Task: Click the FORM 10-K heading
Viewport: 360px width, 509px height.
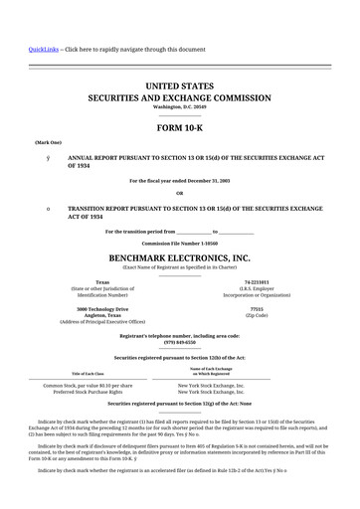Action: (x=179, y=128)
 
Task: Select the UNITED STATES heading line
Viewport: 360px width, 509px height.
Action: (x=179, y=87)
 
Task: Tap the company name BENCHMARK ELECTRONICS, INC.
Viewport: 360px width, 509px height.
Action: (x=179, y=256)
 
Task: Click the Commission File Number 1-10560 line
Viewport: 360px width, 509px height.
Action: (x=179, y=243)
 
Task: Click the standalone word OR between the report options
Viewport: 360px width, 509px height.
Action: (x=179, y=193)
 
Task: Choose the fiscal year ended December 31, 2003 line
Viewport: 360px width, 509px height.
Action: (x=179, y=180)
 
